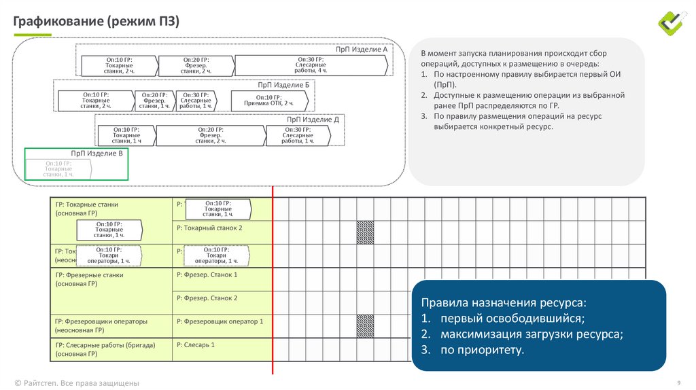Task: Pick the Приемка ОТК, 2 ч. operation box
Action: click(269, 100)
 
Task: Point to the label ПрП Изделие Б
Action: click(283, 84)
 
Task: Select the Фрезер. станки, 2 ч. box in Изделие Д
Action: click(210, 135)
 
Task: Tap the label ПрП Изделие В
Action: click(97, 154)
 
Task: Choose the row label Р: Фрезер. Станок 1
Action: click(207, 274)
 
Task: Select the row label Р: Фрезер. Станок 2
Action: click(207, 298)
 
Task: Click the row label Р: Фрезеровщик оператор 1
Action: click(219, 321)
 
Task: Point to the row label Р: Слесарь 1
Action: click(195, 344)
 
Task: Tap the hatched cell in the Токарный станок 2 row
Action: click(365, 232)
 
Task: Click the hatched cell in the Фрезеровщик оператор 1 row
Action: click(365, 325)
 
